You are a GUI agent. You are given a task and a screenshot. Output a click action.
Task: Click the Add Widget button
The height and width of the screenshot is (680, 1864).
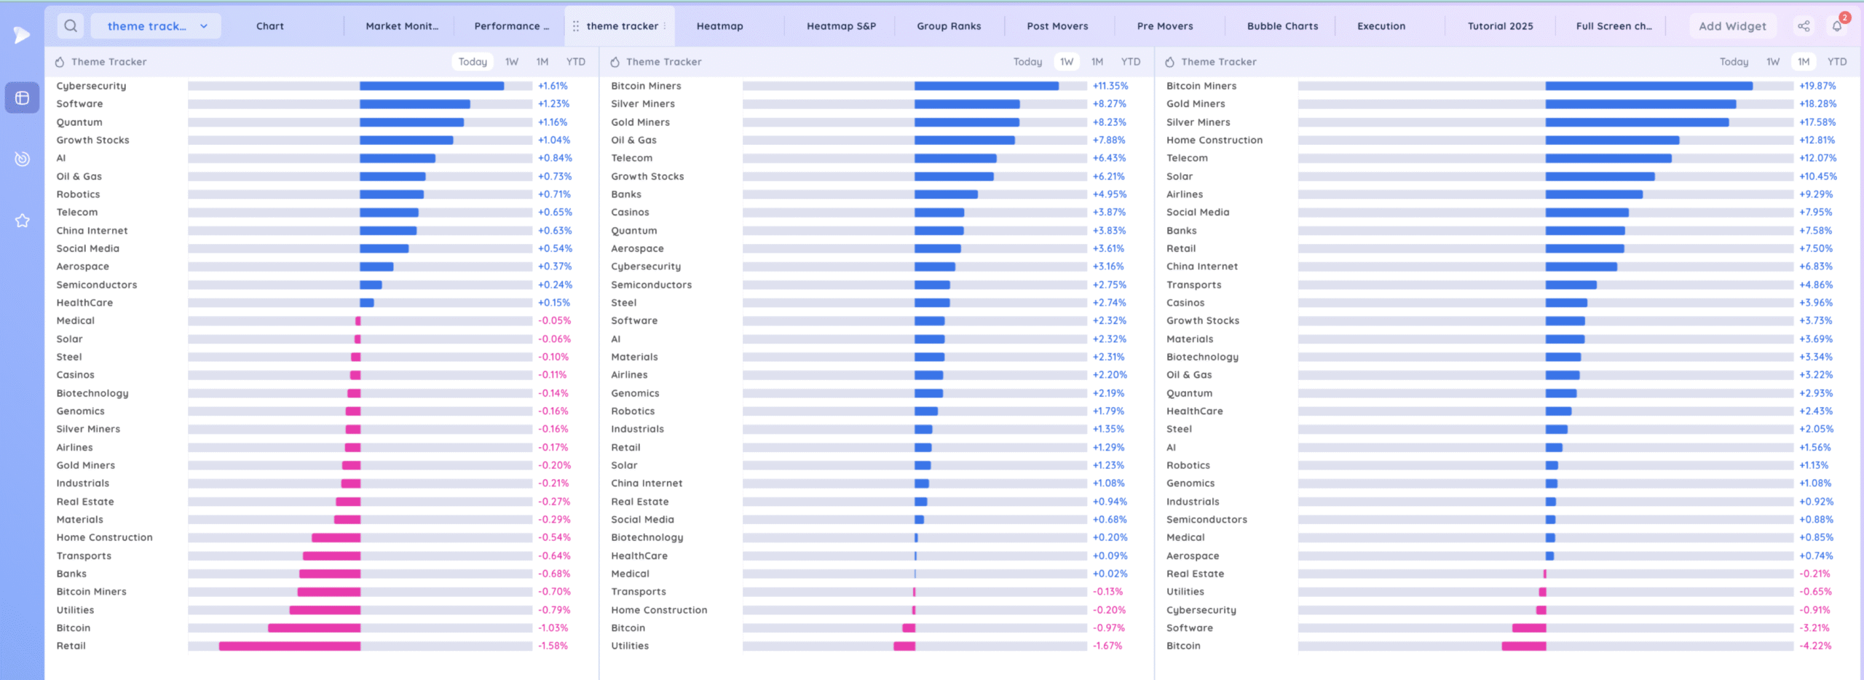[x=1732, y=26]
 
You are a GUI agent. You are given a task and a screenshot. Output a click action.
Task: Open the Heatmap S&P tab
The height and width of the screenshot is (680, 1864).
[x=841, y=26]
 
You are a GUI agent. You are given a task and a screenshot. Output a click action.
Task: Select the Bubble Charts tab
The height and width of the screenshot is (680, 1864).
[x=1282, y=26]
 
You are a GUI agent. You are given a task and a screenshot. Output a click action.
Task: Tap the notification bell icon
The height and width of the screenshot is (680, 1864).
[x=1836, y=27]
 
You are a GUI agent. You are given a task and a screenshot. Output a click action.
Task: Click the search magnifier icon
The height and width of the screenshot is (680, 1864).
[x=71, y=26]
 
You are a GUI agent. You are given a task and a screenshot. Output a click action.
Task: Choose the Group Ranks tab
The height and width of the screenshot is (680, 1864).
[x=949, y=26]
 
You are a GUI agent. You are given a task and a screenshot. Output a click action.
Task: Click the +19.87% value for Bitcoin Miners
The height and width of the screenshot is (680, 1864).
[x=1817, y=86]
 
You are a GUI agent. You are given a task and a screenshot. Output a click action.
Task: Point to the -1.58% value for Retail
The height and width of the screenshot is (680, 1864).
[x=553, y=646]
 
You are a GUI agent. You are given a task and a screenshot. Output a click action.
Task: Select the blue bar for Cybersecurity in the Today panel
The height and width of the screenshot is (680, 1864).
[x=431, y=86]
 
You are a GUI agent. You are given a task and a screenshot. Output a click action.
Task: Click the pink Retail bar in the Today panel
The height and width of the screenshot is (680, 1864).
[x=290, y=646]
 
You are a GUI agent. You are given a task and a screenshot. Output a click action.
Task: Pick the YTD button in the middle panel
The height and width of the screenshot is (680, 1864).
[x=1130, y=62]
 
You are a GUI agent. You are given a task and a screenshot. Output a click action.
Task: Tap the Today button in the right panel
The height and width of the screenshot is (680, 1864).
[x=1734, y=62]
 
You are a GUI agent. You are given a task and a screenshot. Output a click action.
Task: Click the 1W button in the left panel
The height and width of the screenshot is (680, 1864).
[x=512, y=62]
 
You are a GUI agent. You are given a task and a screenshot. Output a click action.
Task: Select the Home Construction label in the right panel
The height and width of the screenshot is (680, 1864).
[x=1214, y=140]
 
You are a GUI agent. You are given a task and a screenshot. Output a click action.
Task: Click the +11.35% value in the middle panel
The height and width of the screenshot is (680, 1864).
[x=1110, y=86]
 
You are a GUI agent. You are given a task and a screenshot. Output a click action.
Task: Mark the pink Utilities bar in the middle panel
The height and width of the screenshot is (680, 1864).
[x=904, y=646]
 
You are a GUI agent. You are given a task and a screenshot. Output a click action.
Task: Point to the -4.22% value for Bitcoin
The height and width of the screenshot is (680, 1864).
[x=1815, y=646]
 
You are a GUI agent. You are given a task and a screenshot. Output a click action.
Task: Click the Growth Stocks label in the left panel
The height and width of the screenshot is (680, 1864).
[x=92, y=140]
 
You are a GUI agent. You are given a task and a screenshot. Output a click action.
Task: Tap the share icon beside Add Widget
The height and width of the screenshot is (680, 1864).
[x=1804, y=26]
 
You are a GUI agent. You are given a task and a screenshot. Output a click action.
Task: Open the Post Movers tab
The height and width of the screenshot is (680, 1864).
[x=1057, y=26]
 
